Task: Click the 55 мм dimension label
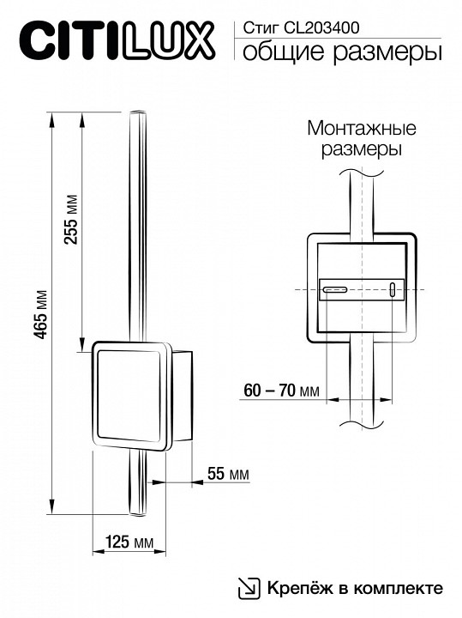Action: (x=228, y=475)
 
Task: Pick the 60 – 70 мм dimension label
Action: (x=281, y=391)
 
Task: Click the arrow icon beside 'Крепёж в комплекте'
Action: (x=247, y=588)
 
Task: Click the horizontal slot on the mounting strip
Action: (x=333, y=290)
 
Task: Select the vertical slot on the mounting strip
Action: (x=392, y=289)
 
